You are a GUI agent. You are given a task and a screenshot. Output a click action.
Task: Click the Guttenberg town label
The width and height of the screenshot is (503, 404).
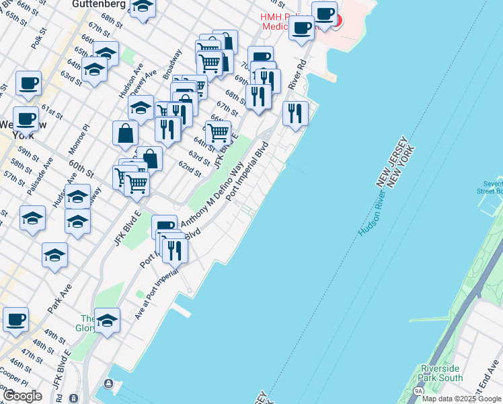click(100, 5)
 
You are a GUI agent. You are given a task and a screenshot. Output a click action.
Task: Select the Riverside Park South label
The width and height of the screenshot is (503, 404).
click(441, 373)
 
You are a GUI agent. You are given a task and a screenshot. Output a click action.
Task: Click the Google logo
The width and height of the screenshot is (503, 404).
click(22, 395)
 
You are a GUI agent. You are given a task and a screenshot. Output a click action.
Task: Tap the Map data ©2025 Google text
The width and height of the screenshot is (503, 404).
click(461, 399)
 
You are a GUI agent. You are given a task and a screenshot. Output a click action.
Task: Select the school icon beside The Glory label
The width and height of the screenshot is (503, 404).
click(107, 321)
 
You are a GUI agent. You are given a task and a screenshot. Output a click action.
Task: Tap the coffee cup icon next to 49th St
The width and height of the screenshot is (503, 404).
click(15, 319)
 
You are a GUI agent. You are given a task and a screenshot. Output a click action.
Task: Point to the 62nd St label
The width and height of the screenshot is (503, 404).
click(190, 168)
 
